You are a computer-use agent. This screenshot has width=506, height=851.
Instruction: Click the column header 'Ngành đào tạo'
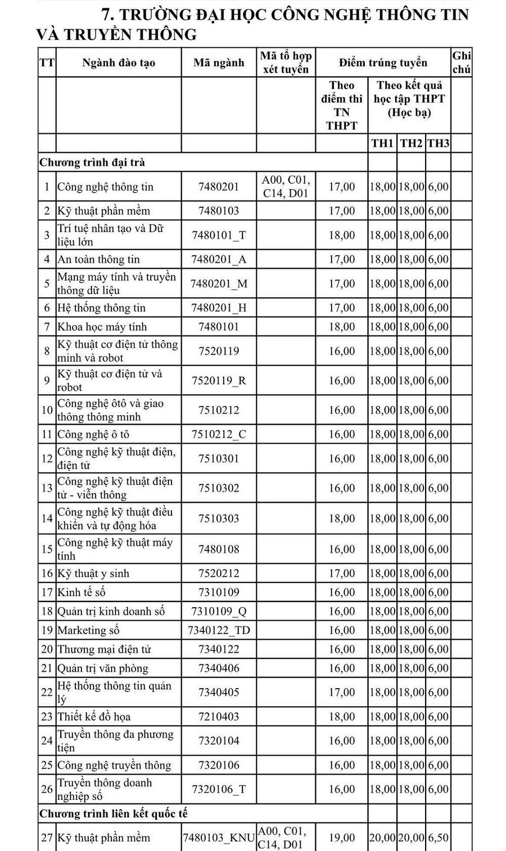118,62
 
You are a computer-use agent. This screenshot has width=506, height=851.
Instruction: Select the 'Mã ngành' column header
219,62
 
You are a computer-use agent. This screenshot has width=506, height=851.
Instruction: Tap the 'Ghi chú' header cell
462,62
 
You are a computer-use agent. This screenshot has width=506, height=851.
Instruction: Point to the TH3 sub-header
438,143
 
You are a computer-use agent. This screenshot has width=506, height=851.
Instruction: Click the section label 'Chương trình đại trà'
92,162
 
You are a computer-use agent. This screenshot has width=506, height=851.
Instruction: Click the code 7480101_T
219,235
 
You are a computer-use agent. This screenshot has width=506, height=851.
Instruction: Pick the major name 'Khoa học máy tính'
102,326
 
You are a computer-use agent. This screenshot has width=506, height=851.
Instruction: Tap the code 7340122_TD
219,630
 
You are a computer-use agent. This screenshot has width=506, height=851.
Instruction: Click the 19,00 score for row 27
342,838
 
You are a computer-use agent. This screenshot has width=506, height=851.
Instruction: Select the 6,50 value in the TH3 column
438,838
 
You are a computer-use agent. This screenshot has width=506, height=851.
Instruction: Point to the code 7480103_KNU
219,838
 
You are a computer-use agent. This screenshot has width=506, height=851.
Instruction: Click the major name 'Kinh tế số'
82,592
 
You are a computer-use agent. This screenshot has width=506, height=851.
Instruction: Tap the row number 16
47,573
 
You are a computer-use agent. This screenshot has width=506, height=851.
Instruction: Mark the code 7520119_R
219,380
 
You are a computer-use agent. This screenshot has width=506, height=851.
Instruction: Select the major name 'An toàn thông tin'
98,259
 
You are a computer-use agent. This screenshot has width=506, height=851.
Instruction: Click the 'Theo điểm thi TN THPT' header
342,106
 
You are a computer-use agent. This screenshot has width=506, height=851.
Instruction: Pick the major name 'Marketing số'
88,630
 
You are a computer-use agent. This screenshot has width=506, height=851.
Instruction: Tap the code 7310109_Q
219,611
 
